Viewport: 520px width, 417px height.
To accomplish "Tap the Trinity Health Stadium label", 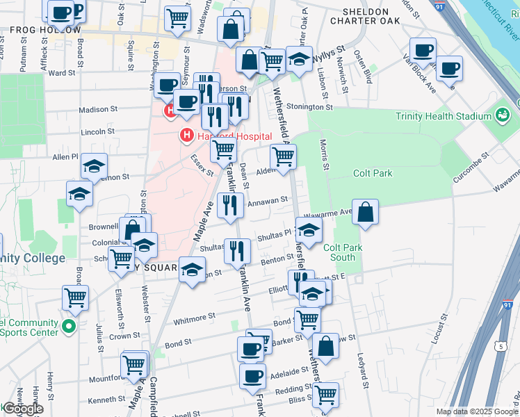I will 443,116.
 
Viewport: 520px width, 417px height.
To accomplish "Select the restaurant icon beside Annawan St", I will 230,205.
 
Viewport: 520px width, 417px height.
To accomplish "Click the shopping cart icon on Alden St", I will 283,157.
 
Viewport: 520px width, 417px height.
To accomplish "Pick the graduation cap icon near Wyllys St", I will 299,62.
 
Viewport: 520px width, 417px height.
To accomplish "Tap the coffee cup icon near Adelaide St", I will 252,376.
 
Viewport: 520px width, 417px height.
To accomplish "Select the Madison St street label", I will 98,109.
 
